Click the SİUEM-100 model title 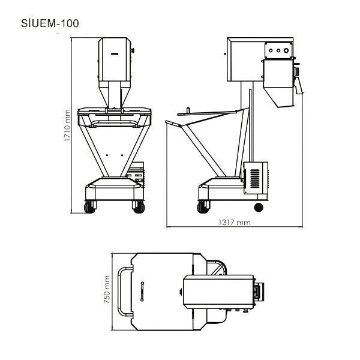point(50,23)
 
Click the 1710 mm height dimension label point(67,125)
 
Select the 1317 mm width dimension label point(234,222)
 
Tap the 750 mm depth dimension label point(107,290)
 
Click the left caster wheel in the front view point(89,208)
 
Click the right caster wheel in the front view point(139,208)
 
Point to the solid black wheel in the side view point(259,208)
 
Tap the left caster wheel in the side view point(203,208)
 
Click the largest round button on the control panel point(286,50)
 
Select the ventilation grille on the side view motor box point(255,178)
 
